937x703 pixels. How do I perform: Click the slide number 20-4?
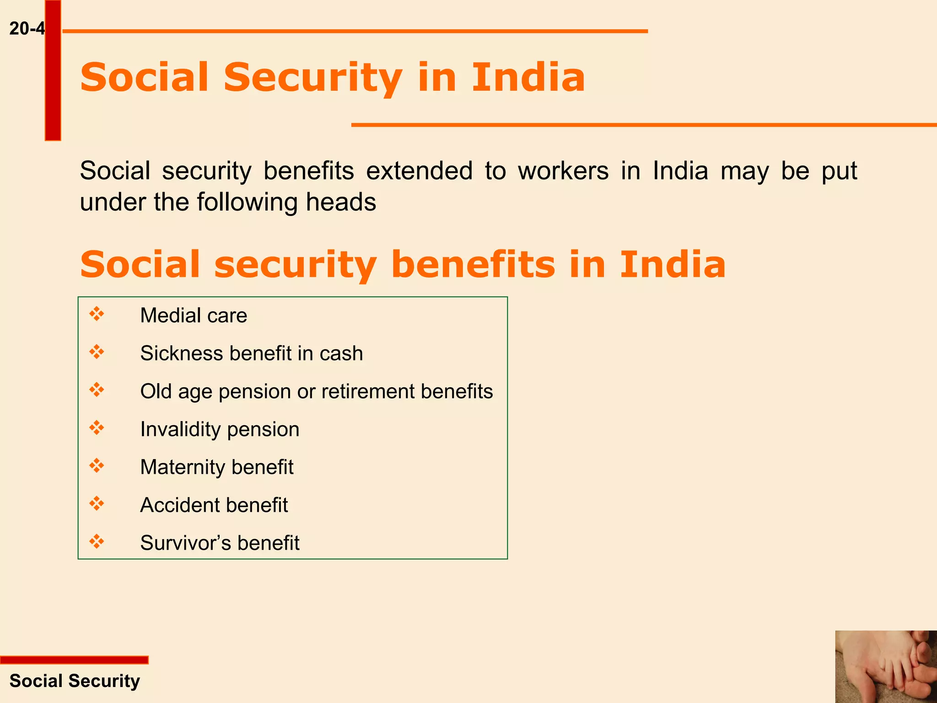point(27,29)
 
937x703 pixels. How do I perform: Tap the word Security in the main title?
point(313,78)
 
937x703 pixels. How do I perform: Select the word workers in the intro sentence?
point(563,171)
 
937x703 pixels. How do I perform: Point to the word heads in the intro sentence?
point(341,202)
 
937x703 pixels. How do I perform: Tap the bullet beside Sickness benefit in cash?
point(97,352)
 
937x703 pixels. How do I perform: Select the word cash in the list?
point(341,353)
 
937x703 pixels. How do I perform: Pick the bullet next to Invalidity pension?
point(97,428)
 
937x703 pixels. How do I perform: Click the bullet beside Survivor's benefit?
point(97,541)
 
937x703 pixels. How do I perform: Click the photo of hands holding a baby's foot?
point(886,666)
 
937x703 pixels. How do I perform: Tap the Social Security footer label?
point(75,681)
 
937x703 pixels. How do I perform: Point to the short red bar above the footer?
point(74,660)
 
